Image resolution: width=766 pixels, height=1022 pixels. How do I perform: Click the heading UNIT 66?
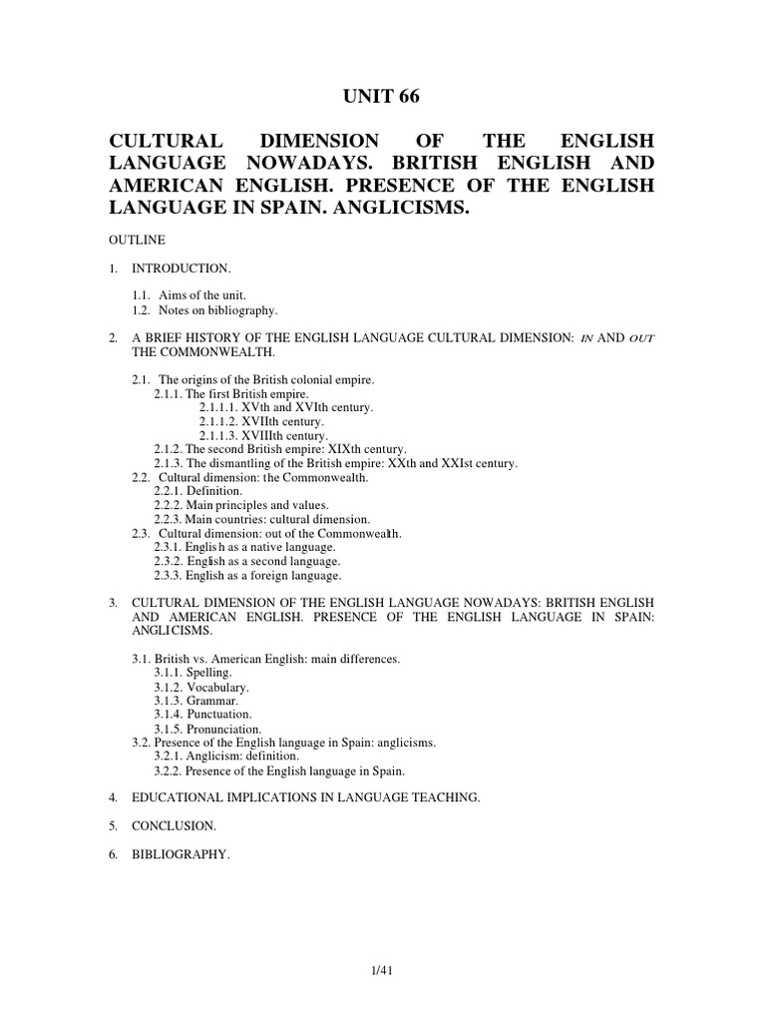point(383,97)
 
